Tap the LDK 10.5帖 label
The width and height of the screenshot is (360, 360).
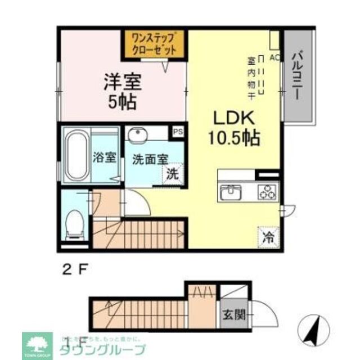235,128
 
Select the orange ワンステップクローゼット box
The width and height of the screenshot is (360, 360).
155,44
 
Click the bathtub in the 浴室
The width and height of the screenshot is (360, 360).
75,155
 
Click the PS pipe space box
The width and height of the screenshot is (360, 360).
178,132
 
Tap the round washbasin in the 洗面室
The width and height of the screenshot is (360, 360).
137,135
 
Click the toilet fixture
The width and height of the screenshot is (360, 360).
73,223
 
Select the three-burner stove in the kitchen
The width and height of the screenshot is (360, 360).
265,193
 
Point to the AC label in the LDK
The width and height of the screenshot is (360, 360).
274,57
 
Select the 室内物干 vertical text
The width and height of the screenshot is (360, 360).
251,78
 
